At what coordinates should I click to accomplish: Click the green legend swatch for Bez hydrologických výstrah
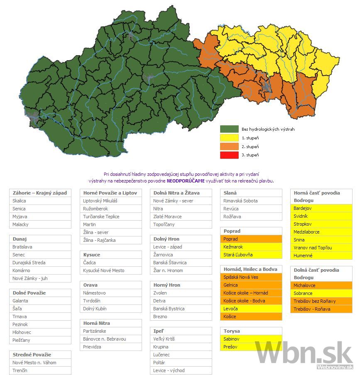229,129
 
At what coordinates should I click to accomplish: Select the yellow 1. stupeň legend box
229,138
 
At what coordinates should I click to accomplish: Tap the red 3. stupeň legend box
229,155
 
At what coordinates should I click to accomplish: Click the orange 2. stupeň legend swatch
229,146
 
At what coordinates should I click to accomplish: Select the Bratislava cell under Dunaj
40,247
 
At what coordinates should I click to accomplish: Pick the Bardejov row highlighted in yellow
321,208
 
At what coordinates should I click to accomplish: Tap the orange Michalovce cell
321,286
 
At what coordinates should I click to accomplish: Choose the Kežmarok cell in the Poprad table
251,247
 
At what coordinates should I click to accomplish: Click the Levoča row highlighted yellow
251,309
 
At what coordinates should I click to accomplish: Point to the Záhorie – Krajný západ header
40,193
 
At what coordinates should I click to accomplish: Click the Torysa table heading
251,331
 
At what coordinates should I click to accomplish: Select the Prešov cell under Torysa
251,347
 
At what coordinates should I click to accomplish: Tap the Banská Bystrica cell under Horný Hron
181,309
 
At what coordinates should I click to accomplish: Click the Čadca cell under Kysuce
110,263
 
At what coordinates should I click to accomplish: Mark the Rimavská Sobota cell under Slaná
251,201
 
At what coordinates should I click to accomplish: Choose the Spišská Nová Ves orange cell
251,277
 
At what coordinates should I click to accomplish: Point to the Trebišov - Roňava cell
321,309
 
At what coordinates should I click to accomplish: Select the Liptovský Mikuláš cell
110,201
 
